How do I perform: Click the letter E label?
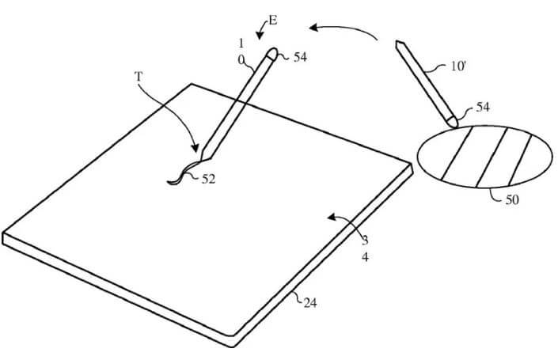[272, 21]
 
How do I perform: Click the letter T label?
[139, 77]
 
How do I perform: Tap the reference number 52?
[208, 179]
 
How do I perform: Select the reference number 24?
[310, 303]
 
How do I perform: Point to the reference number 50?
[512, 199]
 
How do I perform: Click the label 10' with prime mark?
[458, 66]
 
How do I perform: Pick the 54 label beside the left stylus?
[300, 57]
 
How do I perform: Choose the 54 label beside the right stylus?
[483, 107]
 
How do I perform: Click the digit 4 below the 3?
[366, 257]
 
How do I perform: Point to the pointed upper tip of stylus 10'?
[398, 44]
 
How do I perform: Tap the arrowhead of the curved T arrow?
[195, 147]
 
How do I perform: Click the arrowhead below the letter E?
[260, 36]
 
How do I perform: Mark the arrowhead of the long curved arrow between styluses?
[313, 27]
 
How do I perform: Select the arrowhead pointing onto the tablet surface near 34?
[332, 217]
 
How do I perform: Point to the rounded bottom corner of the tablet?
[231, 335]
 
